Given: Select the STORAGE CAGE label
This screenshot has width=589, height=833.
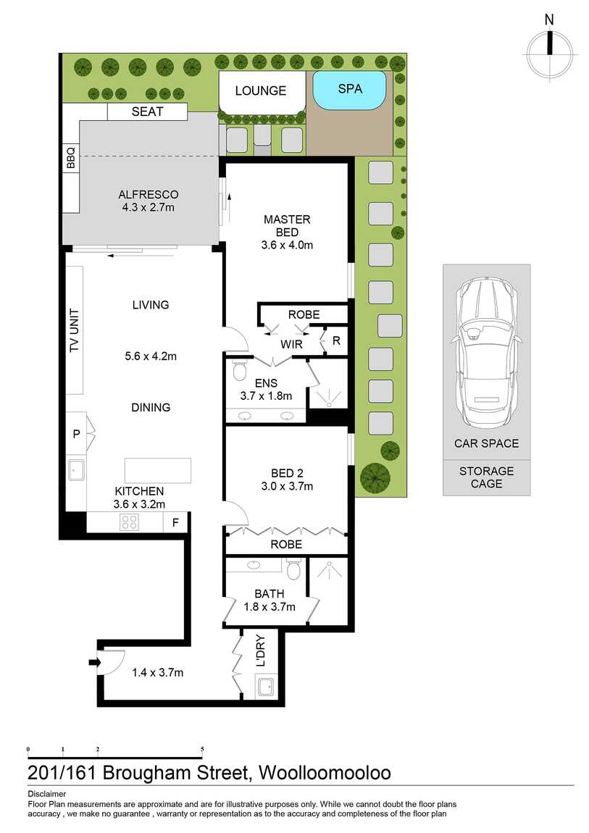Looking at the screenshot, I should click(486, 477).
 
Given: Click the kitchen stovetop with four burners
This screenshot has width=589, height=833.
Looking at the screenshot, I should click(130, 522).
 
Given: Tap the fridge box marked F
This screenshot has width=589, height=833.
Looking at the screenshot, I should click(175, 522).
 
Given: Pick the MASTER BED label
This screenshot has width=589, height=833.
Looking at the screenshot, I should click(287, 225).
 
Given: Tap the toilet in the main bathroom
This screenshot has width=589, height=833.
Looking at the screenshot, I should click(293, 572).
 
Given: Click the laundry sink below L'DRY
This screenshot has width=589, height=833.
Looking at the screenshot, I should click(264, 686).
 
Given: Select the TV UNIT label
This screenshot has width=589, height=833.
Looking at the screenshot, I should click(74, 331).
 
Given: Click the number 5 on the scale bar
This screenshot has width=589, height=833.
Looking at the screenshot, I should click(202, 750).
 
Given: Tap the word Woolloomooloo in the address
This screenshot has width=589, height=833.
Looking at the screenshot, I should click(325, 772).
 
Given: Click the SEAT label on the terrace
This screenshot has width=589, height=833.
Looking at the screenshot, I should click(147, 112).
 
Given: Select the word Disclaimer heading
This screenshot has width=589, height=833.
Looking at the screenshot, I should click(46, 794).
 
